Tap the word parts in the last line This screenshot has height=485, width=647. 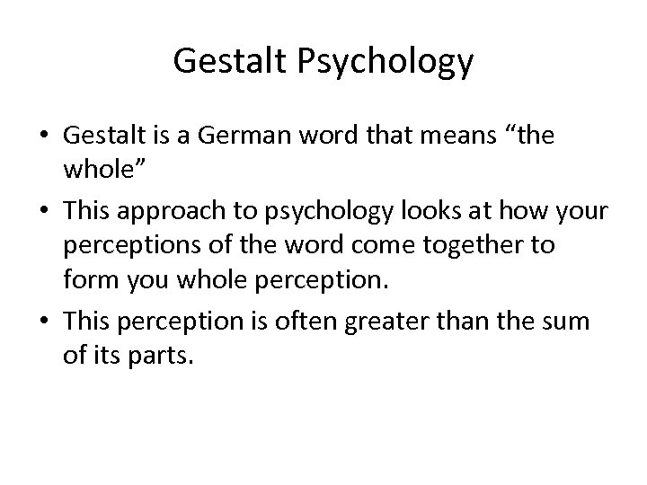tap(161, 357)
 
